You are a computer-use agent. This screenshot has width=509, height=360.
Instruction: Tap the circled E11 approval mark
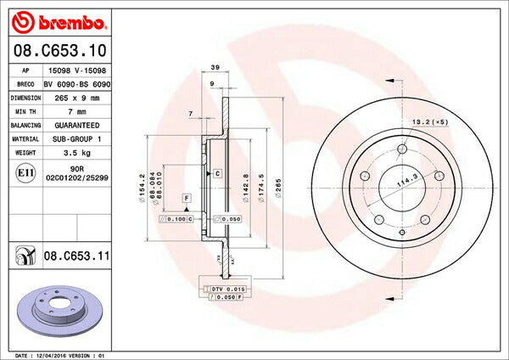25,172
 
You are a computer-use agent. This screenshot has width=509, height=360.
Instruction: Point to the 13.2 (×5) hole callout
428,122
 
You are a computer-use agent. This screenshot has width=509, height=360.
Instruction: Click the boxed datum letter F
185,198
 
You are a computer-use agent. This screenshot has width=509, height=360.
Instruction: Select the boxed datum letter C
217,172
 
